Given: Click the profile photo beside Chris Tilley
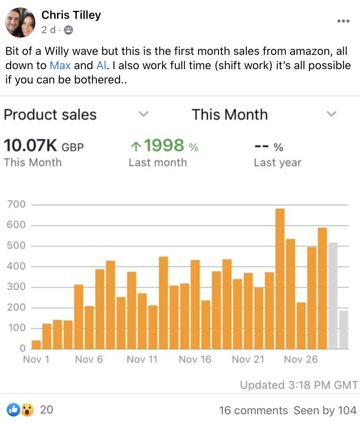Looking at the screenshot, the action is tap(20, 23).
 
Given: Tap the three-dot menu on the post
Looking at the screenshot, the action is tap(343, 21).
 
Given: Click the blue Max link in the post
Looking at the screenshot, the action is tap(60, 65).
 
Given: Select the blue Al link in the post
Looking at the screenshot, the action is tap(101, 65).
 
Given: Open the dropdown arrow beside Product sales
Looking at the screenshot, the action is tap(144, 114).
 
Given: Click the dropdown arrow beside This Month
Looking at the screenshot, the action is tap(331, 114).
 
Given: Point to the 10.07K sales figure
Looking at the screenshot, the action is tap(30, 145).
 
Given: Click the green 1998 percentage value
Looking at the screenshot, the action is tap(164, 145).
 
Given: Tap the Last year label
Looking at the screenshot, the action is tap(278, 162).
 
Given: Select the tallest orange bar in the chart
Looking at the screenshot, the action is tap(280, 279).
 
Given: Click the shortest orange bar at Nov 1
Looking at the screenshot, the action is tap(36, 345).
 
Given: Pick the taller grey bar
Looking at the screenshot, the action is tap(333, 296).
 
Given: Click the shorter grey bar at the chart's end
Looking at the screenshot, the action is tap(343, 330).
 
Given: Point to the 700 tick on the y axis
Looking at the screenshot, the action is tap(16, 204).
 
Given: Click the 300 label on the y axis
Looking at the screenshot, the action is tap(16, 287).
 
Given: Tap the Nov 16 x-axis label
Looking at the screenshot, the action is tap(195, 359).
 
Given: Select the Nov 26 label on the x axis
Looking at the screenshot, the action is tap(301, 359).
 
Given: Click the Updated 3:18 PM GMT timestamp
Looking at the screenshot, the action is tap(299, 385).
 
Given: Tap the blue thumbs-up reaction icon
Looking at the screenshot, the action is tap(13, 410).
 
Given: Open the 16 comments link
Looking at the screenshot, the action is tap(253, 410).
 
